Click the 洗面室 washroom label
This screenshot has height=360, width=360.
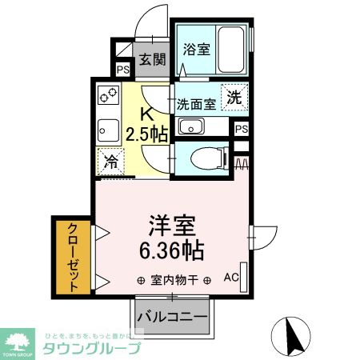196,103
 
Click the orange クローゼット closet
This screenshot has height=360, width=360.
72,256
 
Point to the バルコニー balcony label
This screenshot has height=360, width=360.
173,315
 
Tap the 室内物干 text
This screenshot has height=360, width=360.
174,281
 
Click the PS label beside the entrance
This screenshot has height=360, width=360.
123,69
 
